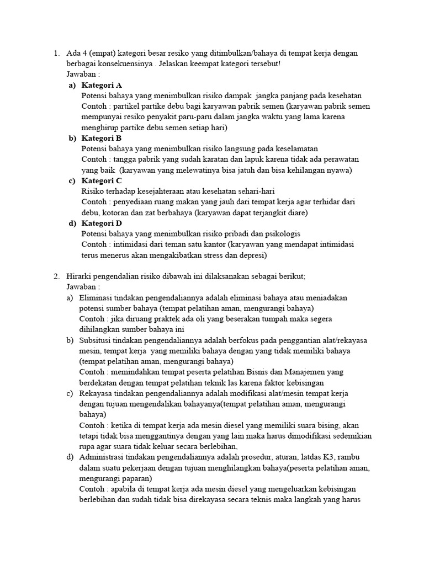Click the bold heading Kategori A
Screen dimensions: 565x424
(x=102, y=85)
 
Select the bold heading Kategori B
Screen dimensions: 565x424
(x=102, y=138)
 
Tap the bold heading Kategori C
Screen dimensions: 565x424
(x=102, y=180)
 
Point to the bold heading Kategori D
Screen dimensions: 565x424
(x=102, y=223)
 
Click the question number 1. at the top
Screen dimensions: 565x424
(x=56, y=53)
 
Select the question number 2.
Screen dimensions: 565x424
(x=56, y=276)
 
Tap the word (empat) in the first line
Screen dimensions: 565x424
(x=105, y=53)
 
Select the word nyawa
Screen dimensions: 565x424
(x=337, y=170)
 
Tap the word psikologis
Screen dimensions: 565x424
(x=282, y=234)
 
